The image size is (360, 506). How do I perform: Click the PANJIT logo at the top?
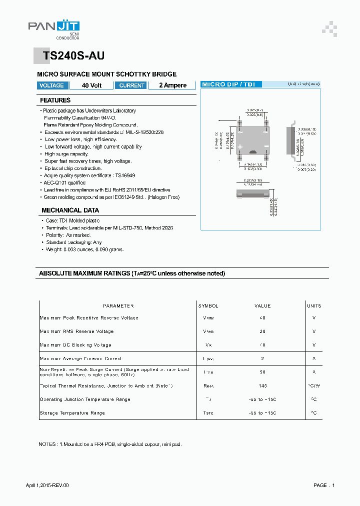tap(53, 28)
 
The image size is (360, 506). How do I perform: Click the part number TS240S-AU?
tap(73, 56)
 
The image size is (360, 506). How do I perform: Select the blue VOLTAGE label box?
tap(51, 85)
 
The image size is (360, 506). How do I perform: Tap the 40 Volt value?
tap(91, 85)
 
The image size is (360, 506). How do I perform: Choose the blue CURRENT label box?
tap(131, 85)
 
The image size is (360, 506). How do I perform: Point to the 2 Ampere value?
tap(172, 85)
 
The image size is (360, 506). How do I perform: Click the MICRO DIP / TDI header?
tap(228, 84)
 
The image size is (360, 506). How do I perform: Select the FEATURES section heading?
tap(55, 100)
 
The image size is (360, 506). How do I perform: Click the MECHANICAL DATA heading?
tap(70, 210)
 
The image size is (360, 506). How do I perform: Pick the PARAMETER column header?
tap(118, 306)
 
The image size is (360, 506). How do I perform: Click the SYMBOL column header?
tap(208, 306)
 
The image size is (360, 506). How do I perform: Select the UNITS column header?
tap(314, 306)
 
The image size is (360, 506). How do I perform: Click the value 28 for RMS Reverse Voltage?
tap(262, 331)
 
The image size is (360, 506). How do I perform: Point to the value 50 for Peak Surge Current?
tap(262, 372)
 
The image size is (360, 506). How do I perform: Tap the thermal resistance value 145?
tap(262, 385)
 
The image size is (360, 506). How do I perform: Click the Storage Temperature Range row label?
tap(72, 413)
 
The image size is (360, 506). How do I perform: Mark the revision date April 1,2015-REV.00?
tap(47, 485)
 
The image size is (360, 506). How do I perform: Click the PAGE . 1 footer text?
tap(324, 485)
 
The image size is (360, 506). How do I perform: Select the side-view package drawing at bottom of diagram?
tap(252, 192)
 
